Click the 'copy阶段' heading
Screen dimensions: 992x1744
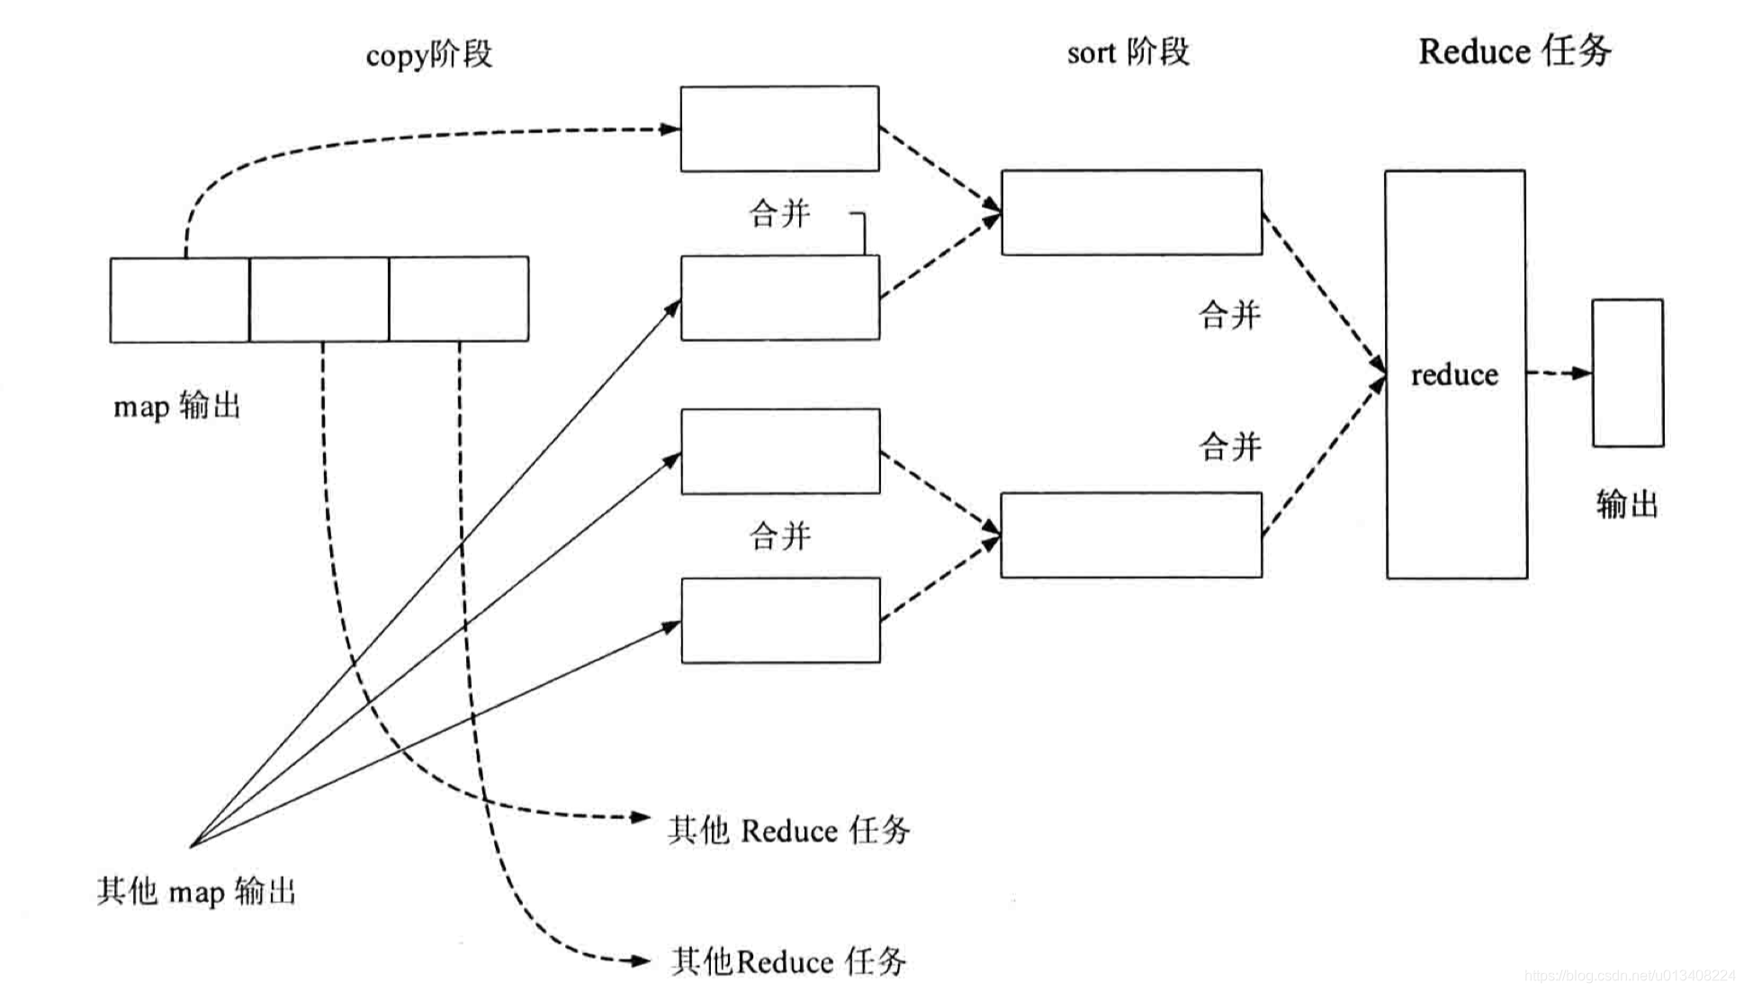pyautogui.click(x=428, y=54)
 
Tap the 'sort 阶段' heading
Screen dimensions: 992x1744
pyautogui.click(x=1128, y=52)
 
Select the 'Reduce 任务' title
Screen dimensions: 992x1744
pyautogui.click(x=1515, y=50)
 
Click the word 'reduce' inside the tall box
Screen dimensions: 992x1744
pyautogui.click(x=1454, y=374)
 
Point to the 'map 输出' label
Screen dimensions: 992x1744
pyautogui.click(x=176, y=406)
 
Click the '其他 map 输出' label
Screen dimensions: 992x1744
pyautogui.click(x=196, y=891)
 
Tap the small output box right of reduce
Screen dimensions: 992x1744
pyautogui.click(x=1627, y=373)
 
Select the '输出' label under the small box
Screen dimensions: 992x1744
pyautogui.click(x=1627, y=504)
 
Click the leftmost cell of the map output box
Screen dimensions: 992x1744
pyautogui.click(x=179, y=300)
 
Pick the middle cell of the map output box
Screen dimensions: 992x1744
pyautogui.click(x=319, y=300)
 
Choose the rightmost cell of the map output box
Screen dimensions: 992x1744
pyautogui.click(x=459, y=300)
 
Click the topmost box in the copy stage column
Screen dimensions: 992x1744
pyautogui.click(x=779, y=129)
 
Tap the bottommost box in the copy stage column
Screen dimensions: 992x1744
pyautogui.click(x=780, y=620)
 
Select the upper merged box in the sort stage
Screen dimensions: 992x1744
pyautogui.click(x=1131, y=212)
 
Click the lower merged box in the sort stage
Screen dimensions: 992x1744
pyautogui.click(x=1131, y=535)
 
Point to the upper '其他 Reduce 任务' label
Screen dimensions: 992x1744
pyautogui.click(x=788, y=830)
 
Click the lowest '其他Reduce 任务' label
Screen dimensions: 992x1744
pyautogui.click(x=788, y=961)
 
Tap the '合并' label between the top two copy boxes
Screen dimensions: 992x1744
pyautogui.click(x=779, y=214)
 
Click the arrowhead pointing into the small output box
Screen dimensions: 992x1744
pyautogui.click(x=1581, y=373)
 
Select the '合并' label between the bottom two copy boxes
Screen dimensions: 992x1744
pyautogui.click(x=779, y=537)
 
